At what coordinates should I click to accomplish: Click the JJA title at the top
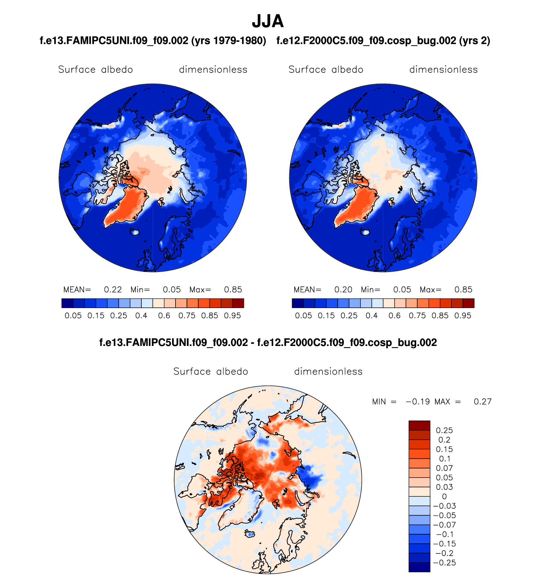tap(268, 21)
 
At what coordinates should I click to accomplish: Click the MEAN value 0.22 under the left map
tap(113, 290)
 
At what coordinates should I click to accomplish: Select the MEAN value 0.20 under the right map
tap(343, 290)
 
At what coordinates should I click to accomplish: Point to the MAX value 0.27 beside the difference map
tap(483, 401)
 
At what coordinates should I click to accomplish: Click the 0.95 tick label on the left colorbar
tap(232, 316)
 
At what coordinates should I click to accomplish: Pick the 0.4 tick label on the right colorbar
tap(372, 316)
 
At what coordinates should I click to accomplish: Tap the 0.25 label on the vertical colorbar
tap(444, 430)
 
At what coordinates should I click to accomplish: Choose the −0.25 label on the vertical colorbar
tap(444, 563)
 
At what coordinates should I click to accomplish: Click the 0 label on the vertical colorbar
tap(444, 496)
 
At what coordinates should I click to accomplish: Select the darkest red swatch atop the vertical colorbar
tap(419, 425)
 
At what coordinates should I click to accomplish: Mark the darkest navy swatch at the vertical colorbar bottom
tap(419, 567)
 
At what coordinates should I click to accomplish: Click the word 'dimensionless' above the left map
tap(213, 70)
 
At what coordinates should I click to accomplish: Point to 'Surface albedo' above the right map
tap(326, 70)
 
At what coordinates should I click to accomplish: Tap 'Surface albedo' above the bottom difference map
tap(211, 371)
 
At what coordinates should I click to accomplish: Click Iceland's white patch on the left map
tap(135, 232)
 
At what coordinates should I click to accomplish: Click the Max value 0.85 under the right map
tap(463, 290)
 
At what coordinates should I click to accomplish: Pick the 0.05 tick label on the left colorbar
tap(73, 316)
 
